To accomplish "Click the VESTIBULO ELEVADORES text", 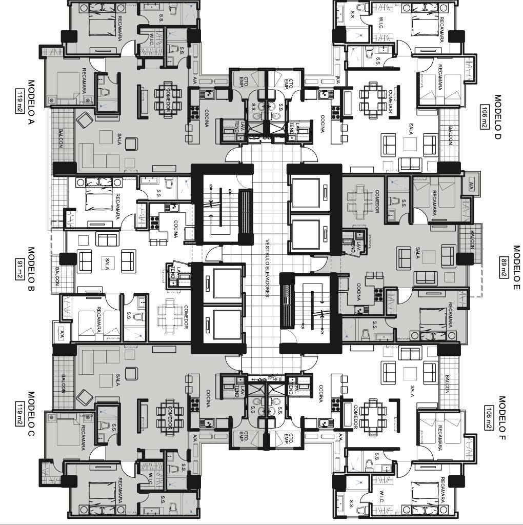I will [x=267, y=268].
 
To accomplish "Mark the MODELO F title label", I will [x=502, y=418].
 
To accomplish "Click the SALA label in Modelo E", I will [x=418, y=254].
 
